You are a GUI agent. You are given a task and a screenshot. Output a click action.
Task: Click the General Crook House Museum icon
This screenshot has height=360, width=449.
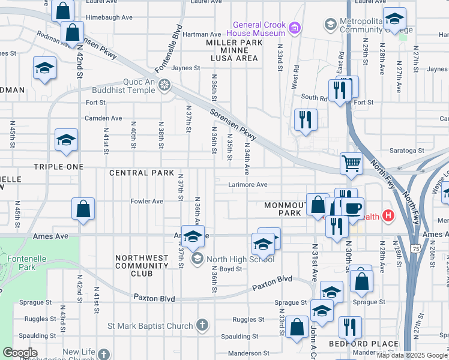tap(294, 28)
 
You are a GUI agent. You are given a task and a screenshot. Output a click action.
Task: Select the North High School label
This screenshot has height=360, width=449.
tap(240, 259)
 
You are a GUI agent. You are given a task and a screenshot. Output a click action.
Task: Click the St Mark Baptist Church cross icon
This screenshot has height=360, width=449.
tap(203, 326)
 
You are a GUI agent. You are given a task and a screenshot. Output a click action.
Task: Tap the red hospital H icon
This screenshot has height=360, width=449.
tap(389, 215)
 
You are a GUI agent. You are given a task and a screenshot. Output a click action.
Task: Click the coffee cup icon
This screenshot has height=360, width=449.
tap(352, 208)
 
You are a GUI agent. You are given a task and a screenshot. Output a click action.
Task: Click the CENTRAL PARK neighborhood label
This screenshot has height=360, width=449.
tap(137, 173)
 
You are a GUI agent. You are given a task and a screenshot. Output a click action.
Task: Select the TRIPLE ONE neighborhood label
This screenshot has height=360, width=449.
tap(58, 167)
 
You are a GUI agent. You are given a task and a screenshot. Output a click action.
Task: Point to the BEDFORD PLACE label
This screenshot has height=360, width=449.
tap(363, 344)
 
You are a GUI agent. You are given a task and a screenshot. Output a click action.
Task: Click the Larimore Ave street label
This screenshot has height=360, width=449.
tap(247, 185)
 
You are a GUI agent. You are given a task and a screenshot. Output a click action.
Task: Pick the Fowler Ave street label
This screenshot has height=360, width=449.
tap(147, 202)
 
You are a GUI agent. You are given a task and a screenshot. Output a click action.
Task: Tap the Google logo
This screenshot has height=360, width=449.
tap(20, 353)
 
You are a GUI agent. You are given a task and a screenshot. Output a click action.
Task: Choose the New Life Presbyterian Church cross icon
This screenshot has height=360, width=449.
tap(104, 355)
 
